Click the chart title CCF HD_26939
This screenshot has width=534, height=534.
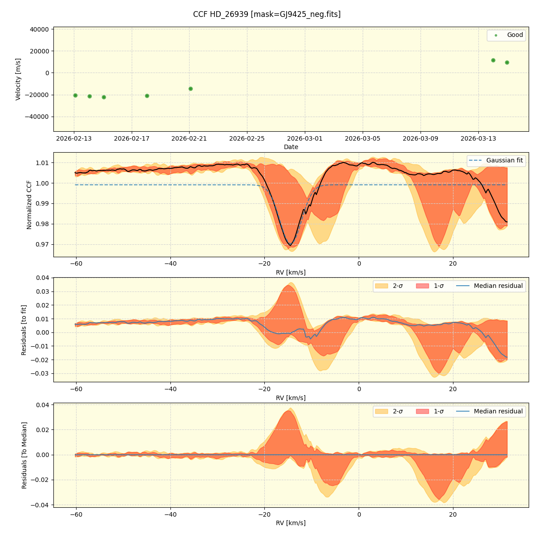tap(267, 14)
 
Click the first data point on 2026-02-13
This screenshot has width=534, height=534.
tap(75, 95)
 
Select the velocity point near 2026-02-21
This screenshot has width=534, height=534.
tap(190, 89)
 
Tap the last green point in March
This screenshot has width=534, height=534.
tap(507, 62)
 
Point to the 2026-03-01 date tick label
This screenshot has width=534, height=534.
tap(305, 138)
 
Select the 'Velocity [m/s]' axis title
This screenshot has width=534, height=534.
tap(18, 79)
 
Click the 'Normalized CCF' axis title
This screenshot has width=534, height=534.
tap(29, 205)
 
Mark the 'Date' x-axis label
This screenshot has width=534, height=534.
tap(291, 147)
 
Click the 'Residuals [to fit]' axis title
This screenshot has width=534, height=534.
tap(24, 330)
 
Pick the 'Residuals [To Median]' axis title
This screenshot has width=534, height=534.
tap(24, 455)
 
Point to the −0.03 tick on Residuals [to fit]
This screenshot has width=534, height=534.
tap(38, 373)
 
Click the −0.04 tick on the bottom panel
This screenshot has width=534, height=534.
tap(38, 505)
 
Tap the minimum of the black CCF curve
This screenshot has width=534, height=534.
tap(291, 245)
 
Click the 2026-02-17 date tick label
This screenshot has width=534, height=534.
tap(132, 138)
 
